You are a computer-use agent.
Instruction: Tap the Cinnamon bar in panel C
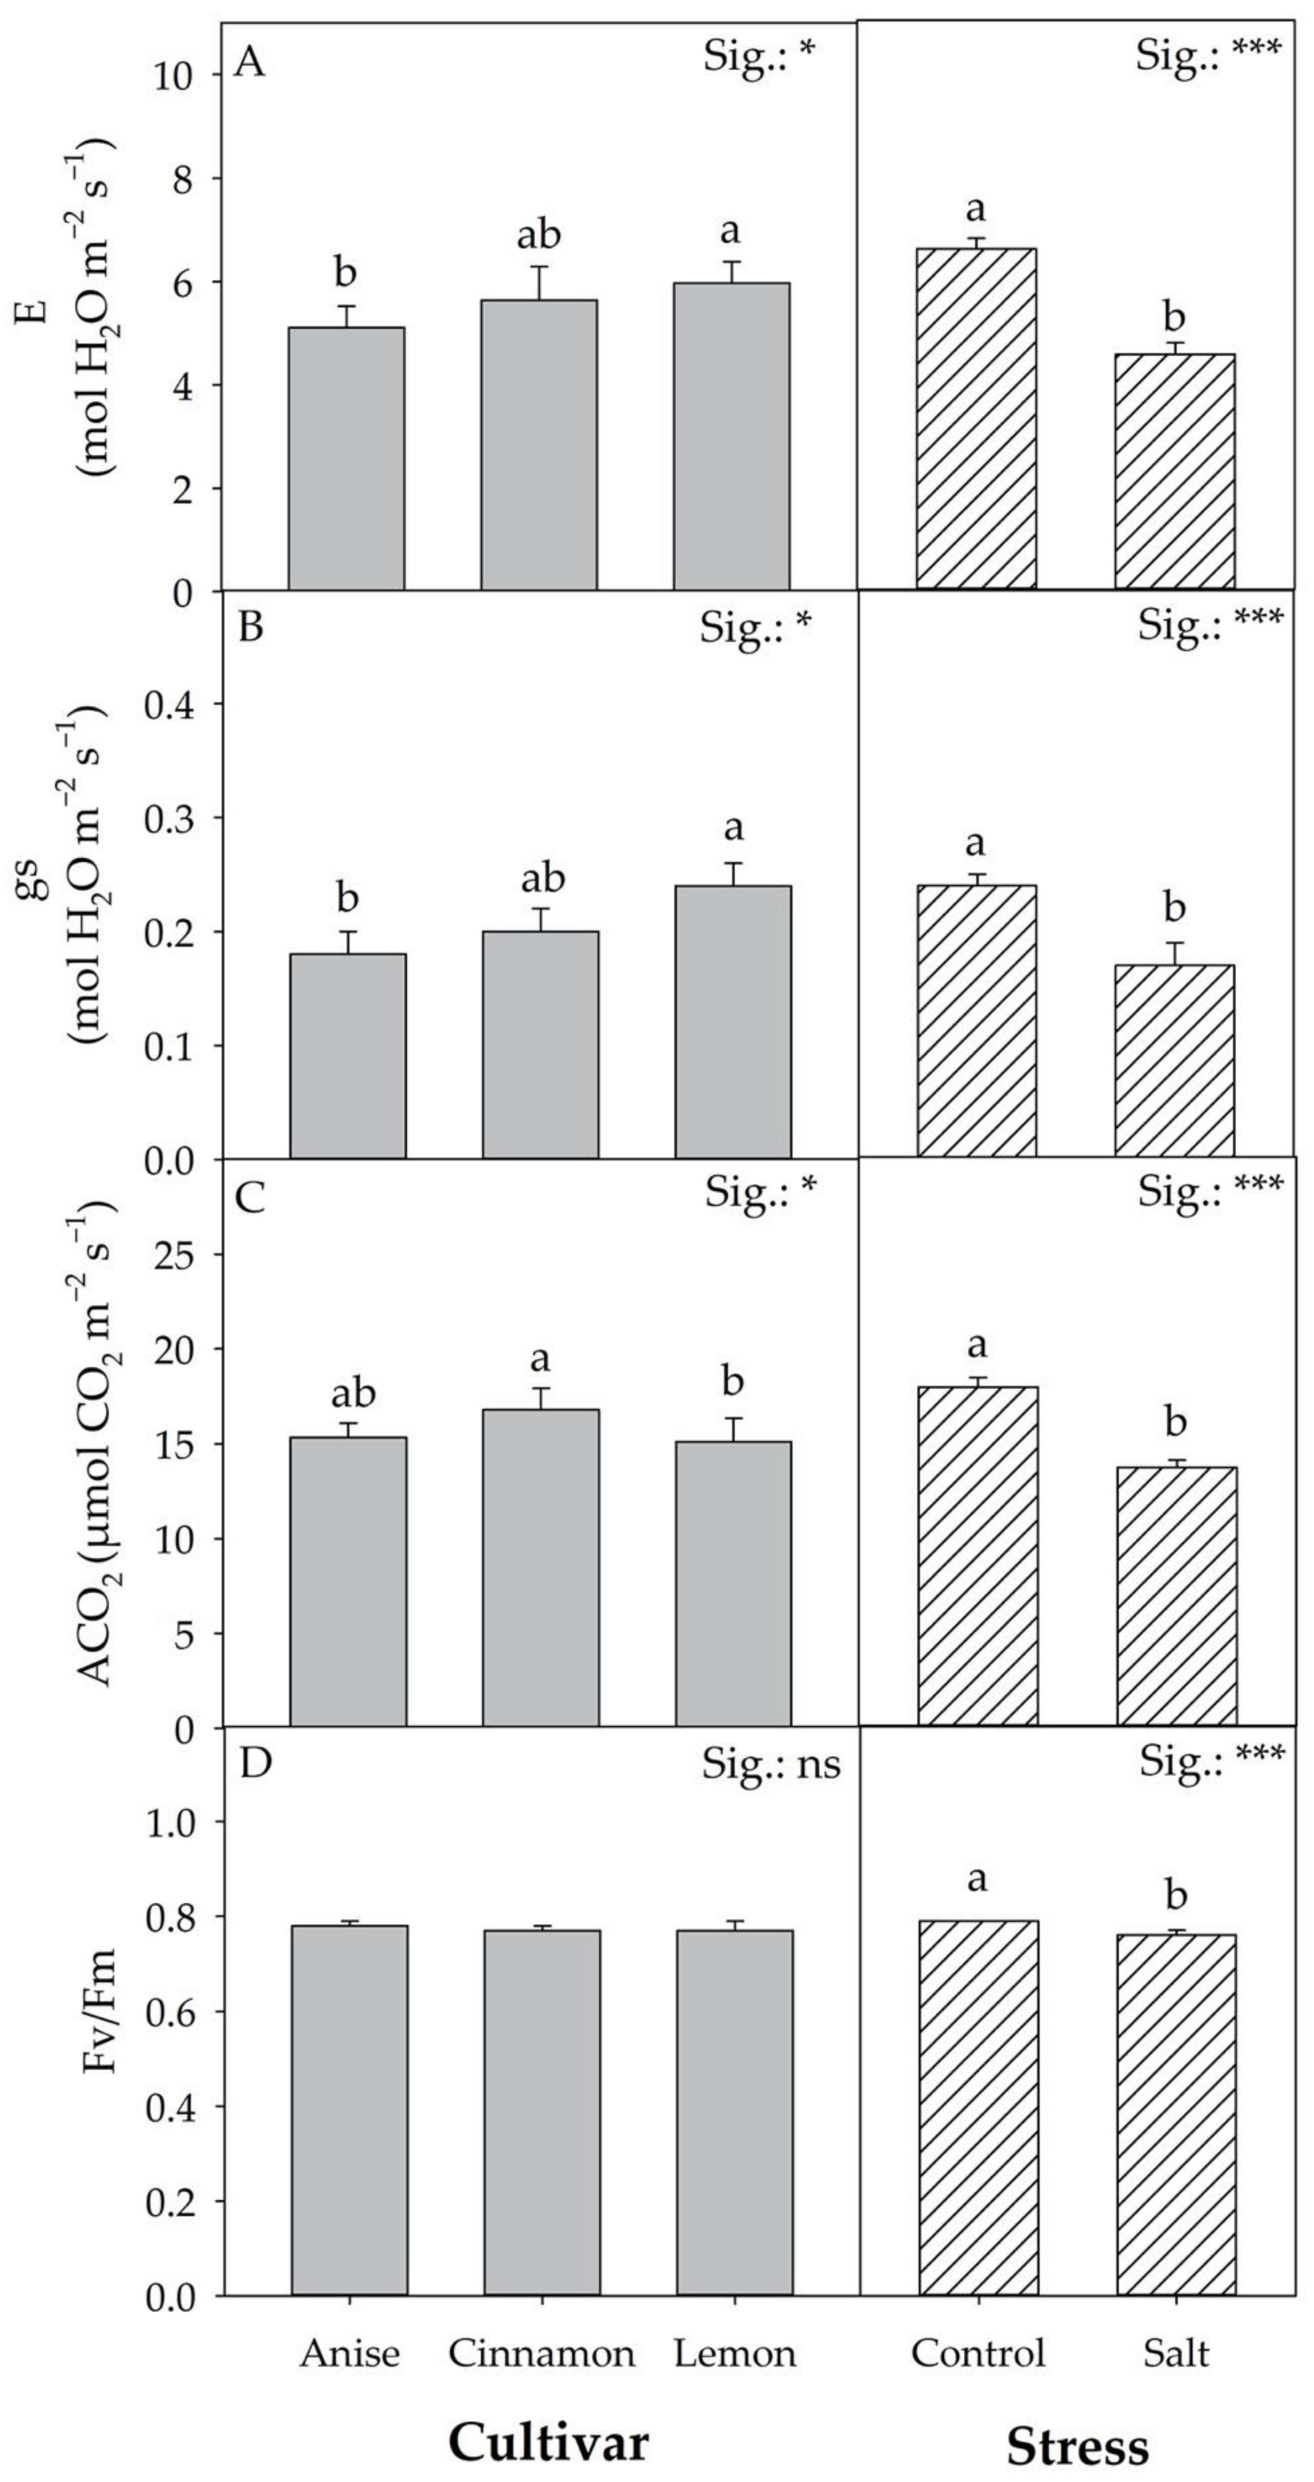pyautogui.click(x=541, y=1568)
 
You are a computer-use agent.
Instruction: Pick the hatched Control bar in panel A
pyautogui.click(x=977, y=419)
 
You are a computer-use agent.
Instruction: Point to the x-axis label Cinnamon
pyautogui.click(x=541, y=2354)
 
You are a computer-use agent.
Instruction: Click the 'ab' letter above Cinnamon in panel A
pyautogui.click(x=539, y=235)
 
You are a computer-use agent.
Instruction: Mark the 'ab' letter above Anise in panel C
pyautogui.click(x=352, y=1394)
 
